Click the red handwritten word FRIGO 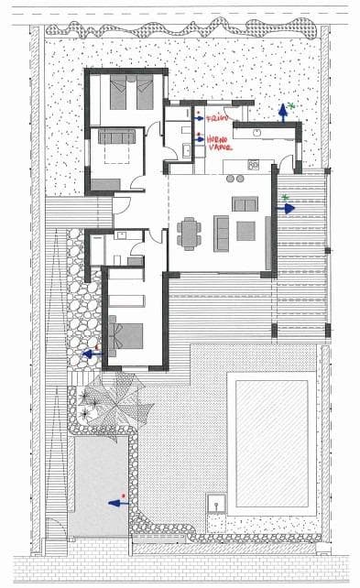point(216,119)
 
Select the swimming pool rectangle point(271,444)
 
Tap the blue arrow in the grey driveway point(116,502)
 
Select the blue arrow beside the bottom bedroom point(91,352)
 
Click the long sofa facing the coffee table point(222,232)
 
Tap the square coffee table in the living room point(245,231)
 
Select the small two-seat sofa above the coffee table point(245,203)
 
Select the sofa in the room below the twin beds point(117,138)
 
